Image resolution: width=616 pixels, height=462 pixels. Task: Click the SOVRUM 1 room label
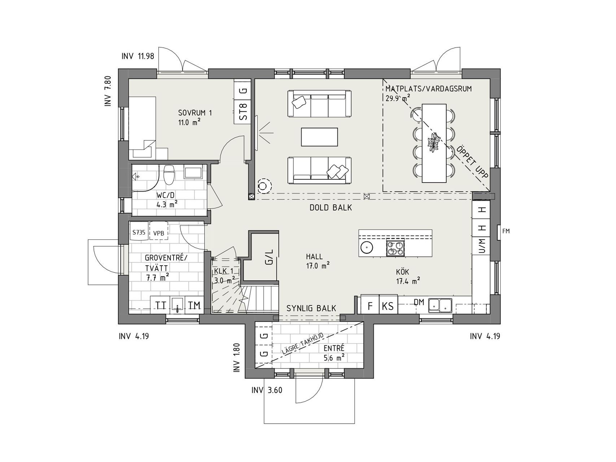coord(195,113)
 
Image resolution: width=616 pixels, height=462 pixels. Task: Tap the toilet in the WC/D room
coord(169,174)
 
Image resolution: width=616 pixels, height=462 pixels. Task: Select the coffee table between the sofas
coord(319,137)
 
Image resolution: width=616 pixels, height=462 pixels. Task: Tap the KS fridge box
coord(388,306)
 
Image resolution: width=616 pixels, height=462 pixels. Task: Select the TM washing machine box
coord(194,305)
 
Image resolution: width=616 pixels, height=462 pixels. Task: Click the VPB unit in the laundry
coord(159,233)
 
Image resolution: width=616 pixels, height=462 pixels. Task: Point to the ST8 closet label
coord(244,112)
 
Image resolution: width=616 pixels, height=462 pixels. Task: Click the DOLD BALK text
coord(331,208)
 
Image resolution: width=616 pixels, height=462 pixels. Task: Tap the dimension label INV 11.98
coord(138,56)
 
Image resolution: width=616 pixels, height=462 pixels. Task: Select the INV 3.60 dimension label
coord(267,390)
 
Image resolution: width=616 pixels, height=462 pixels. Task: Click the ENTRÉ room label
coord(334,348)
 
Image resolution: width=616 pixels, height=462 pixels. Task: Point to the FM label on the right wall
coord(506,231)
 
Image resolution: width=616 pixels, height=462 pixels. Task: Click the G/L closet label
coord(270,257)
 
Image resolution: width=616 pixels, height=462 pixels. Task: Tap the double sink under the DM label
coord(440,305)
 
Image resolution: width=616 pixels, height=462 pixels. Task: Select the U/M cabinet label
coord(482,246)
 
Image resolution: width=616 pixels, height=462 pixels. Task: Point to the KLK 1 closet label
coord(224,271)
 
